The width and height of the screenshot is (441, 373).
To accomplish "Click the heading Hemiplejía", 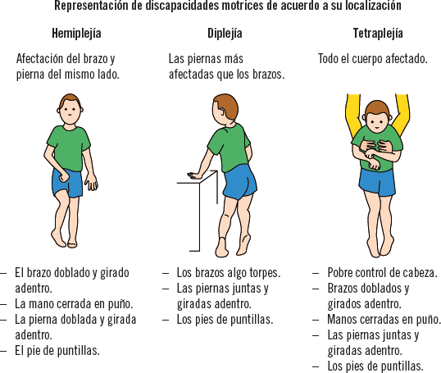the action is pos(76,34).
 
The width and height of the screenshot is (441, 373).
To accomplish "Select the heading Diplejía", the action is pos(225,34).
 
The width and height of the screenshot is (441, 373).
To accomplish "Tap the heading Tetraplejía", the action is pos(378,34).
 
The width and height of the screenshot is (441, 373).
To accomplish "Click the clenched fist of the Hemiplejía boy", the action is pos(65,175).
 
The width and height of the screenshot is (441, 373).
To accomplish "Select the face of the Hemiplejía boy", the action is pos(70,112).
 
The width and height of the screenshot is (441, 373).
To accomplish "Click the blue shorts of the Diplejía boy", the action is pos(240,182).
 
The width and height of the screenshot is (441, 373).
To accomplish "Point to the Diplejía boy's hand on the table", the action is pos(194,175).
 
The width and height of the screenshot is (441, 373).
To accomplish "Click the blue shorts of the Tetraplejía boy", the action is pos(378,182).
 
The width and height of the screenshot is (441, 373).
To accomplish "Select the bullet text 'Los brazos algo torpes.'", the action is pos(229,273).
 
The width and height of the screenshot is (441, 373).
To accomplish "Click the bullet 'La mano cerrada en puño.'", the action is pos(74,304).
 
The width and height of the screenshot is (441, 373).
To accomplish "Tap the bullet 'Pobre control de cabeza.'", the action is pos(383,273).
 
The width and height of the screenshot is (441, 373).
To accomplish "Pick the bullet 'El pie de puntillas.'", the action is pos(57,351).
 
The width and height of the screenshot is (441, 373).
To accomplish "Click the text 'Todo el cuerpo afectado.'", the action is pos(373,59).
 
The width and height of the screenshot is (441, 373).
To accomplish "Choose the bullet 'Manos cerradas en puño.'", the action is pos(384,320).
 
